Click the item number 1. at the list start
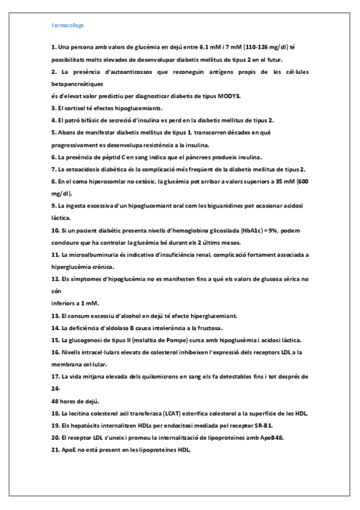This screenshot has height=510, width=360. click(53, 46)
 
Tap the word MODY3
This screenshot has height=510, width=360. click(228, 96)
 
